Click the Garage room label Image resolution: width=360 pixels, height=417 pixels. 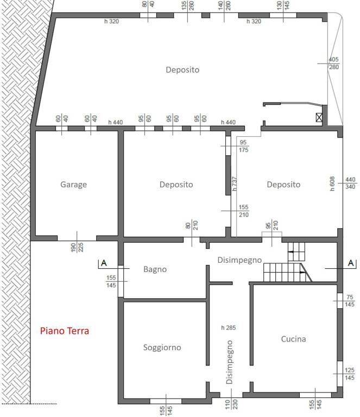tap(74, 184)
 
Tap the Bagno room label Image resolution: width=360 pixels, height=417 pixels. tap(155, 269)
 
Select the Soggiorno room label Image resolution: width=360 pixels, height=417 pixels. tap(162, 347)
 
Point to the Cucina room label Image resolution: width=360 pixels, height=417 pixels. tap(294, 339)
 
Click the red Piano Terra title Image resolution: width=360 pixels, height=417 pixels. tap(65, 331)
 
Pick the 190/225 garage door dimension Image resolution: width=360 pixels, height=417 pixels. tap(77, 247)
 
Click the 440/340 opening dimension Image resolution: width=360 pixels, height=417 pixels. tap(350, 183)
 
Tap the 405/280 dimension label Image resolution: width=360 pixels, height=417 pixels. tap(334, 64)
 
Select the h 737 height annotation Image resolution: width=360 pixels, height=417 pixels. tap(234, 184)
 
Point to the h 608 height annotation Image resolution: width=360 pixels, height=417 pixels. tap(332, 184)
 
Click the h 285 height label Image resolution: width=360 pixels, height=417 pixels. tap(229, 327)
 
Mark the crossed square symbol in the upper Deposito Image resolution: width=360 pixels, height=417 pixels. tap(319, 117)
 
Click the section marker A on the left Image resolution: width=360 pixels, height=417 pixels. tap(104, 263)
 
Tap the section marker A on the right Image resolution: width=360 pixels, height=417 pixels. tap(351, 263)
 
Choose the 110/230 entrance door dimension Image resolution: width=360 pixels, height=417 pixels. tap(231, 405)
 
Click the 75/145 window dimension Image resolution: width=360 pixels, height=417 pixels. tap(350, 301)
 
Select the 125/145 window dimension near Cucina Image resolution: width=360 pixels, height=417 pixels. tap(349, 374)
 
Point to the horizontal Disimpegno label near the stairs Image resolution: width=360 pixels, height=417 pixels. tap(239, 260)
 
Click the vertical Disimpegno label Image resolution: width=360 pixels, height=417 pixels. tap(229, 362)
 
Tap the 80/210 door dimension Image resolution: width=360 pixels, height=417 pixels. tap(192, 225)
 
